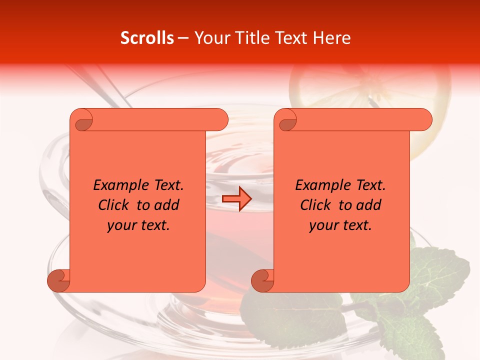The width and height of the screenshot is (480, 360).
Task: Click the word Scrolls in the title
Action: point(147,38)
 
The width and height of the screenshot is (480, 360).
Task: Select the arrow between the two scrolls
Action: point(236,198)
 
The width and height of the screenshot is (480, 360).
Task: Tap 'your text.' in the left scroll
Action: point(138,225)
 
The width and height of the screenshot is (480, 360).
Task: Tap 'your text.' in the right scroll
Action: point(340,225)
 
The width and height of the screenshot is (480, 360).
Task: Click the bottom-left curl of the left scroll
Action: point(58,280)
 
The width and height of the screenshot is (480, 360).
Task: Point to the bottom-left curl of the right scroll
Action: point(262,280)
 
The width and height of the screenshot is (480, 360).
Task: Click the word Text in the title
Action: point(294,38)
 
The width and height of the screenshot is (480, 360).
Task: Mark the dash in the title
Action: point(183,38)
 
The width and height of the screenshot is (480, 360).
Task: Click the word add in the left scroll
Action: point(166,205)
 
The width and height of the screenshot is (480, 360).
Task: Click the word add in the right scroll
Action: point(368,205)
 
